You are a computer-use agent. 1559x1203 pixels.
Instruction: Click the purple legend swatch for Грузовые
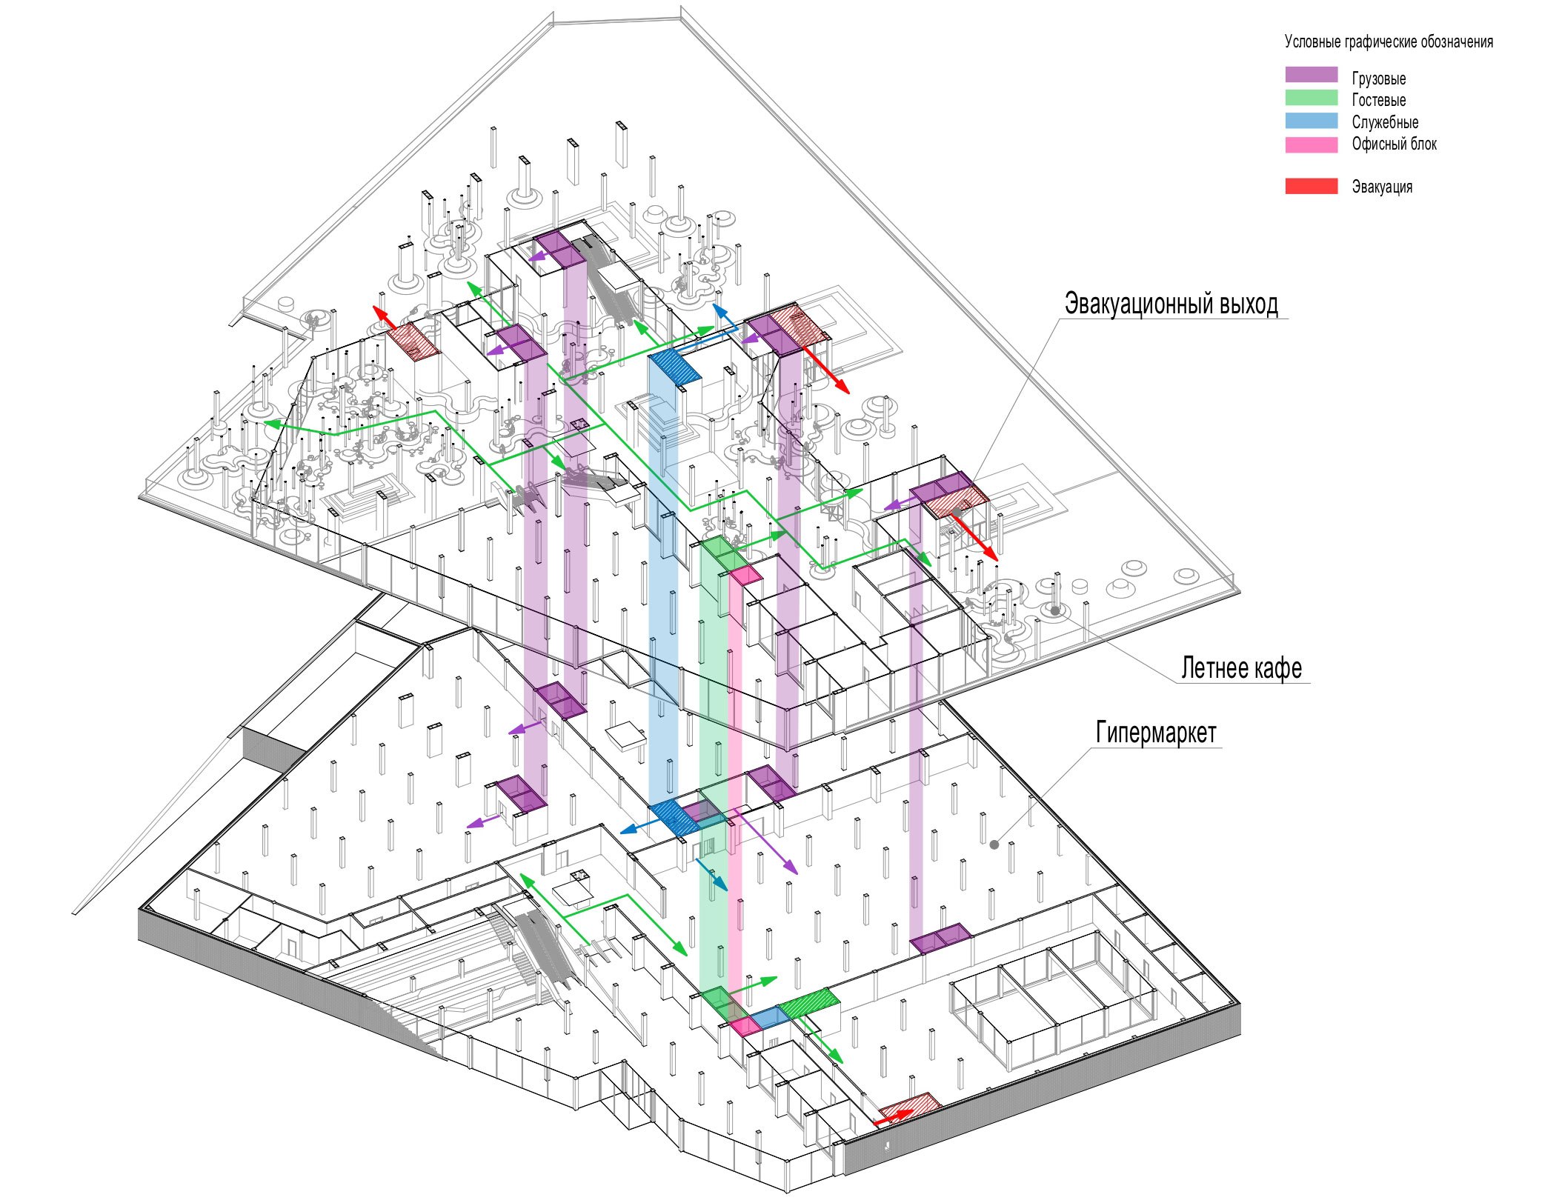pos(1311,75)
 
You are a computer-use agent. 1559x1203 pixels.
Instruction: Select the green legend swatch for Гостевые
pos(1311,98)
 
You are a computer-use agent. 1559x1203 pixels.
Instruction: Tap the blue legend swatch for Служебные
pos(1311,121)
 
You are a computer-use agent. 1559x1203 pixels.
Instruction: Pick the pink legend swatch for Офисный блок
pos(1311,144)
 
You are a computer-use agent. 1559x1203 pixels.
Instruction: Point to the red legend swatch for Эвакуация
pos(1311,186)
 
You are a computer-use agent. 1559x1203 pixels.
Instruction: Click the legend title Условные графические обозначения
pos(1389,42)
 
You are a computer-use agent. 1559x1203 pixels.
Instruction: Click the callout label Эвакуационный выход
pos(1171,304)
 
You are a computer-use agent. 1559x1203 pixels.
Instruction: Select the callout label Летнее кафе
pos(1241,668)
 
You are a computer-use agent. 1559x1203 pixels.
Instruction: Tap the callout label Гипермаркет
pos(1156,733)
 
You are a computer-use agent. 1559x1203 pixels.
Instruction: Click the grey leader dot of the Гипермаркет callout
pos(994,844)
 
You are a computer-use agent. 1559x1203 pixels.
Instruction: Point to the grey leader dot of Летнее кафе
pos(1054,611)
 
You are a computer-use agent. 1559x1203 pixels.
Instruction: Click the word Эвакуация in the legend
pos(1382,187)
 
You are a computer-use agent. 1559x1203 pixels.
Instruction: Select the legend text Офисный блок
pos(1394,144)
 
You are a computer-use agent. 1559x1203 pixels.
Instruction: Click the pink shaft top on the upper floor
pos(745,575)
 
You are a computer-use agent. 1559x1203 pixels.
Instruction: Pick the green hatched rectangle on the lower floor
pos(809,1003)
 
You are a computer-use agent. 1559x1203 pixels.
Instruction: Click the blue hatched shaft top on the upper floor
pos(674,366)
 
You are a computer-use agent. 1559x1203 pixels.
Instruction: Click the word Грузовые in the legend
pos(1378,79)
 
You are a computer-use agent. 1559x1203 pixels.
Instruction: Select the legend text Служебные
pos(1385,122)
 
